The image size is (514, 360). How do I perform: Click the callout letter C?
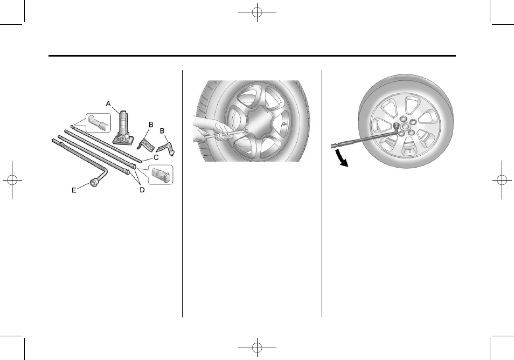[156, 158]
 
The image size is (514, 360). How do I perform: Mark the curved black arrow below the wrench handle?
[341, 160]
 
